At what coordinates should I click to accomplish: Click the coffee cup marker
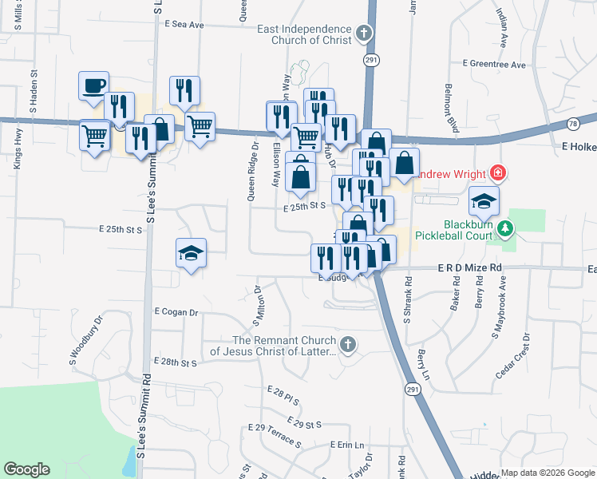(93, 85)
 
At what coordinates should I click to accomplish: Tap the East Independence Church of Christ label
(306, 34)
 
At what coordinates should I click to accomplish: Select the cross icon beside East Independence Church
(364, 34)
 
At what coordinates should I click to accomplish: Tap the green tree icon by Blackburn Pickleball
(504, 230)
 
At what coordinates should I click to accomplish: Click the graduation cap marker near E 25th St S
(191, 254)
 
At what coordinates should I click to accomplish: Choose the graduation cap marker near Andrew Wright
(484, 201)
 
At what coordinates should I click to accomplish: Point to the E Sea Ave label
(184, 25)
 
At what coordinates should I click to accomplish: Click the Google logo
(26, 469)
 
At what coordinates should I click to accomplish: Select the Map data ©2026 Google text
(547, 473)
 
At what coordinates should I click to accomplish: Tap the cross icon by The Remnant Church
(346, 345)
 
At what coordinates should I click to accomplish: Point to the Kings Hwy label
(17, 164)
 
